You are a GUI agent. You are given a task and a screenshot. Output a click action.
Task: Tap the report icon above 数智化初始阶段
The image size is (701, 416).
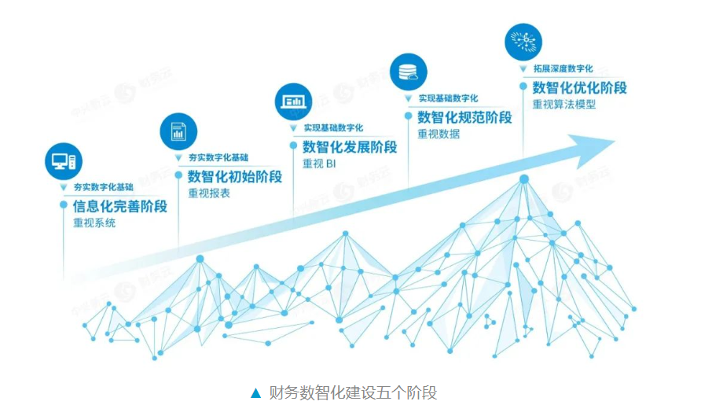click(x=178, y=131)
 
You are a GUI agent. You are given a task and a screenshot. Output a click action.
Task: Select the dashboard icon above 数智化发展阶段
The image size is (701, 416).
click(x=293, y=101)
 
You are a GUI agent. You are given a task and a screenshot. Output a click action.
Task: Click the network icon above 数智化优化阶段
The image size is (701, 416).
click(x=523, y=43)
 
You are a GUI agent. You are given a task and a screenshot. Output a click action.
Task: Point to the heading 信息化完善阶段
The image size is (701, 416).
click(x=119, y=207)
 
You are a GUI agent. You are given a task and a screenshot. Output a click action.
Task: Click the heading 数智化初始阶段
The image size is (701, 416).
click(x=234, y=176)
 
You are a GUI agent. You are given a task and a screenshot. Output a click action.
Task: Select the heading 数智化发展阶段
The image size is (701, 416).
click(x=350, y=147)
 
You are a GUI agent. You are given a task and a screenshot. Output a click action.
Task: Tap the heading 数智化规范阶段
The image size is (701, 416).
click(x=464, y=118)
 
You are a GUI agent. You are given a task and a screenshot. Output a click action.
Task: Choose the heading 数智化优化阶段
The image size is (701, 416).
click(x=579, y=88)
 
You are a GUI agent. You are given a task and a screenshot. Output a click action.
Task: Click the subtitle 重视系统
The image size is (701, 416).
click(x=94, y=223)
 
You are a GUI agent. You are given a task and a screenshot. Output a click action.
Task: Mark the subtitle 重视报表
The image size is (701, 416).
click(x=208, y=193)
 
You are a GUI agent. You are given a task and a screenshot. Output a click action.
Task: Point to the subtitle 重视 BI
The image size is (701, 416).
click(x=319, y=164)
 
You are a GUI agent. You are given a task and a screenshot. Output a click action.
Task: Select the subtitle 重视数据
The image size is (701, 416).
click(x=439, y=134)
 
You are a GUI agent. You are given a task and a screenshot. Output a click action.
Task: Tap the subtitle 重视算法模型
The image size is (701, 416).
click(x=563, y=105)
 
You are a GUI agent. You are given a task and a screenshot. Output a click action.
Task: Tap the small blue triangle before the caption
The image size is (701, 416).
click(x=255, y=392)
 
